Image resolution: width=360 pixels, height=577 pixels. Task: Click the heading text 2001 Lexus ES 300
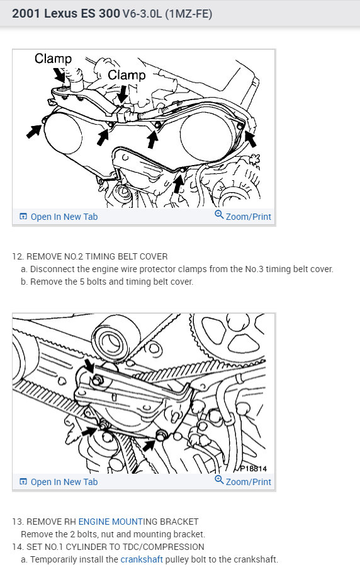point(65,13)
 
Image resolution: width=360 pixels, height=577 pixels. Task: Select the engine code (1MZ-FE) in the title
point(189,14)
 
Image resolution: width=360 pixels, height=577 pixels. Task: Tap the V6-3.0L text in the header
point(142,14)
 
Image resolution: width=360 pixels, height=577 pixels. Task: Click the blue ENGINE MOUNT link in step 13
point(111,522)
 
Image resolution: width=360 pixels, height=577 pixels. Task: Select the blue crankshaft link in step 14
point(142,559)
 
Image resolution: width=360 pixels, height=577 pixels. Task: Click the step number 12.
point(17,256)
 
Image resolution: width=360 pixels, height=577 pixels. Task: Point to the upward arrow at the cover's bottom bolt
point(179,183)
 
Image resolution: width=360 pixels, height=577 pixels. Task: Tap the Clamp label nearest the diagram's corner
point(53,59)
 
